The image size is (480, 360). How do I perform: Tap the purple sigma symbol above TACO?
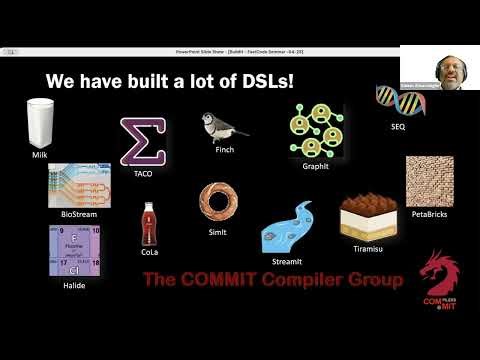[x=142, y=141]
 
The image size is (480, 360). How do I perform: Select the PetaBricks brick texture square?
[x=431, y=178]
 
